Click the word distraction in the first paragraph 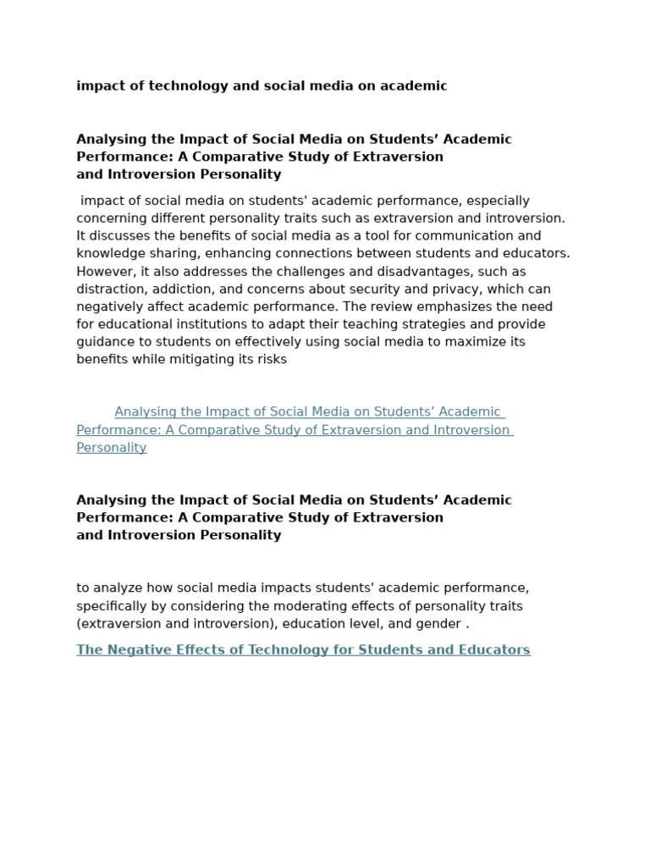point(108,289)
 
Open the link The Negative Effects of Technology point(303,650)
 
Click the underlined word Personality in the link point(112,448)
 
